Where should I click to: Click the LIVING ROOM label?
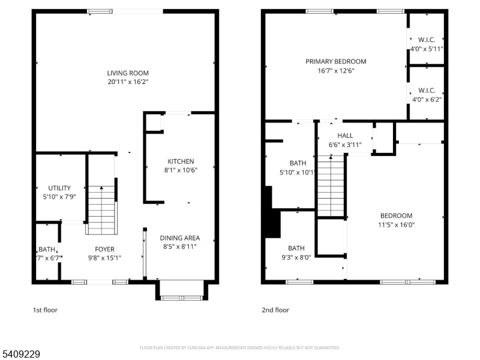pos(128,73)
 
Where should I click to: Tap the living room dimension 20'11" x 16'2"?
pos(128,82)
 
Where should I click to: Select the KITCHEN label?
pos(181,161)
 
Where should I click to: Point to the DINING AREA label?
pos(180,238)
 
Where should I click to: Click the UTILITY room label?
pos(59,188)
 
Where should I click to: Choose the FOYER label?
pos(104,250)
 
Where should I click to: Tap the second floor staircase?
pos(331,185)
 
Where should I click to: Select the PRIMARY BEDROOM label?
pos(335,61)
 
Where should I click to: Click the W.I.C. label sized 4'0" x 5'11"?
pos(427,40)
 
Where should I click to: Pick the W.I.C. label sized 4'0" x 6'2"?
pos(427,91)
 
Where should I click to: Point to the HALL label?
pos(345,136)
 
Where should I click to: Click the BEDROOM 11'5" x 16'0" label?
pos(396,216)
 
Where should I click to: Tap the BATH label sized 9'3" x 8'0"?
pos(296,248)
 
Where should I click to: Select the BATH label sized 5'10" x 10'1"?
pos(298,163)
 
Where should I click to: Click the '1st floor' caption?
pos(45,310)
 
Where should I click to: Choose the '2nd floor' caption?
pos(275,310)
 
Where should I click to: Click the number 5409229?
pos(20,355)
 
